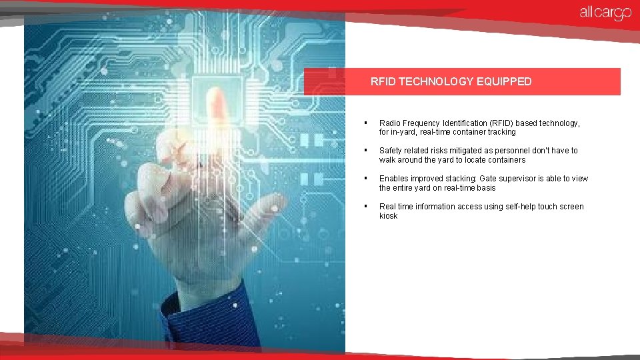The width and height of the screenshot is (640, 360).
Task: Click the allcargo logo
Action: (x=605, y=13)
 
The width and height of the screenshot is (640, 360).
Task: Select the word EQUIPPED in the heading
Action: (x=505, y=82)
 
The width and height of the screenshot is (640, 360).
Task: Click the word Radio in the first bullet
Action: (x=389, y=123)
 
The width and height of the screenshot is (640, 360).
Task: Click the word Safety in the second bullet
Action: (x=391, y=151)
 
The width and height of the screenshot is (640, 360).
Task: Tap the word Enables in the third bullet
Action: (x=393, y=179)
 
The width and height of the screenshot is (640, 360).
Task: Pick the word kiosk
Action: (x=388, y=216)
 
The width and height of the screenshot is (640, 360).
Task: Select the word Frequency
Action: (x=420, y=123)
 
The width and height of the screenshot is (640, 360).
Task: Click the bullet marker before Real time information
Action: (x=365, y=207)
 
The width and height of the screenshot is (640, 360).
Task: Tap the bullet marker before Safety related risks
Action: (x=365, y=151)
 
